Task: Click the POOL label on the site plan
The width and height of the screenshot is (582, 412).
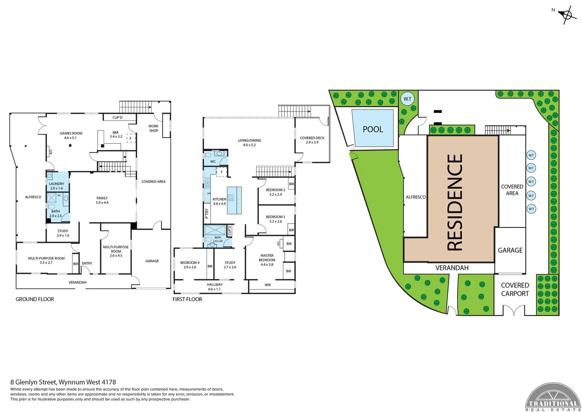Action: coord(373,129)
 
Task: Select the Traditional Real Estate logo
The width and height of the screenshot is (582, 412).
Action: coord(553,398)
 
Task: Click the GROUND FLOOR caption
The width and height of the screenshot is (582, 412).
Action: coord(35,299)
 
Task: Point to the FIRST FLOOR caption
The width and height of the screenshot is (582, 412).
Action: coord(187,299)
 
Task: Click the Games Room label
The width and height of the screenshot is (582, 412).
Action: coord(71,135)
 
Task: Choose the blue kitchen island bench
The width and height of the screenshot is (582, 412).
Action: coord(234,200)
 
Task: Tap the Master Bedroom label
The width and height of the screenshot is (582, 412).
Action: coord(267,260)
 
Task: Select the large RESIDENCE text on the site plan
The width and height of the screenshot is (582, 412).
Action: coord(455,202)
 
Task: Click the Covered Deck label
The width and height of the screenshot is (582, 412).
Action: coord(312,140)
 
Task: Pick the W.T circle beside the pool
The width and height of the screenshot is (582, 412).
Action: coord(407,99)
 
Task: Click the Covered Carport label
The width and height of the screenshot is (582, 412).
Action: coord(515,290)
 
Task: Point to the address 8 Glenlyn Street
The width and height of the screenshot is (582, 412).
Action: coord(63,382)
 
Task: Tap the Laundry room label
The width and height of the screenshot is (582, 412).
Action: coord(56,186)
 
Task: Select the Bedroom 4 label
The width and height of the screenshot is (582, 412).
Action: coord(190,265)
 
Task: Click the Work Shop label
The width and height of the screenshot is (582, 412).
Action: coord(154,128)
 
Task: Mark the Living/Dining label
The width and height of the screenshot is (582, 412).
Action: coord(249,143)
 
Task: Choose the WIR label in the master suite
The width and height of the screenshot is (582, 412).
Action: coord(268,285)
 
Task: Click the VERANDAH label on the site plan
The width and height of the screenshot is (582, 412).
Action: coord(452,268)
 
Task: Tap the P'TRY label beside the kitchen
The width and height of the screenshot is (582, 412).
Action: coord(207,213)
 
